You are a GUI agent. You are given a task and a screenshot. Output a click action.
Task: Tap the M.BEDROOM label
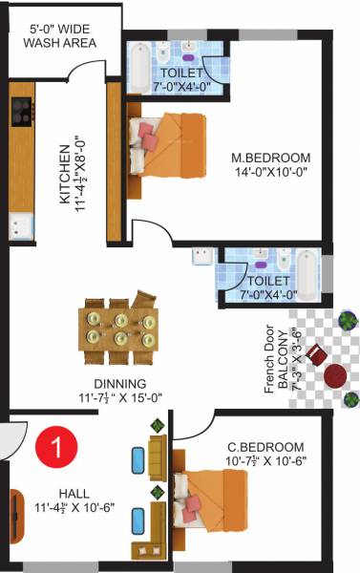click(x=271, y=157)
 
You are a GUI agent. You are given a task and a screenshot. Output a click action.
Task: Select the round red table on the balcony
click(x=335, y=375)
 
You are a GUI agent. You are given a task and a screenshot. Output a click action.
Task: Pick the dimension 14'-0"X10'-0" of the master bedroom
click(x=271, y=173)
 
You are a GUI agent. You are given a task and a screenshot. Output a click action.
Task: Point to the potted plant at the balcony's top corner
click(x=349, y=318)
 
